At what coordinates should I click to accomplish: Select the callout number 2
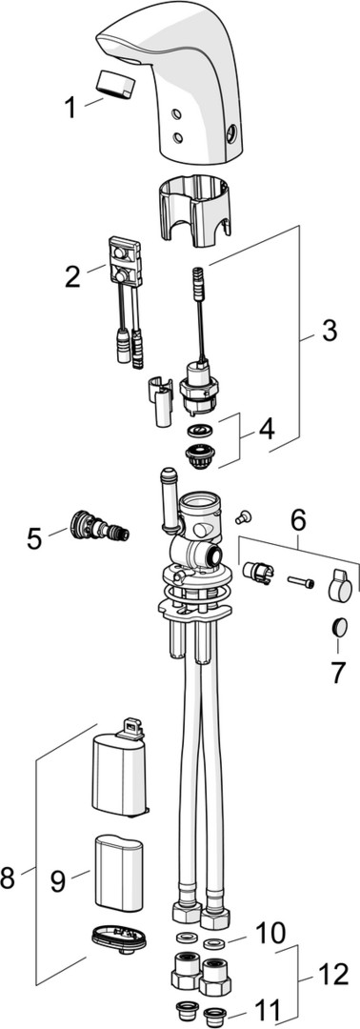coord(72,276)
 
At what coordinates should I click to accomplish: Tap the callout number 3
coord(329,330)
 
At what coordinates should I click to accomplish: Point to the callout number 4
coord(267,430)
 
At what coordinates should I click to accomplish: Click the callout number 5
coord(34,538)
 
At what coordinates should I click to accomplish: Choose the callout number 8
coord(8,878)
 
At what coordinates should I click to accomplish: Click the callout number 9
coord(58,880)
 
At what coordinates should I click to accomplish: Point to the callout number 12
coord(331,975)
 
